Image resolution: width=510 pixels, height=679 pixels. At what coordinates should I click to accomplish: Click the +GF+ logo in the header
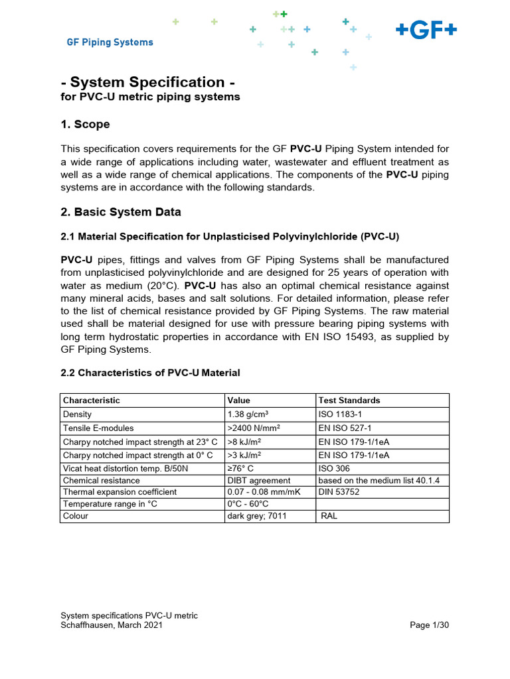(x=426, y=31)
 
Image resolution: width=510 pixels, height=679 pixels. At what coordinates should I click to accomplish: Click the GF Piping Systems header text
(x=110, y=42)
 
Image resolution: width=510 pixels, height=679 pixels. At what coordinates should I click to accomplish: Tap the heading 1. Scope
(x=85, y=125)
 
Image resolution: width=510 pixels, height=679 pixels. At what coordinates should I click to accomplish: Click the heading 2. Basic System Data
(x=121, y=212)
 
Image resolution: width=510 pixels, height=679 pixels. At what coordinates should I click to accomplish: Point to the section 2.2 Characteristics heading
(x=150, y=373)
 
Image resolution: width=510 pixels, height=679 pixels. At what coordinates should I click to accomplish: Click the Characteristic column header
(x=91, y=401)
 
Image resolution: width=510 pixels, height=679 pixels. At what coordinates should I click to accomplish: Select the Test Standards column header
(x=349, y=401)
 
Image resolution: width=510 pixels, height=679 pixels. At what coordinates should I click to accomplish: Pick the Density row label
(x=77, y=414)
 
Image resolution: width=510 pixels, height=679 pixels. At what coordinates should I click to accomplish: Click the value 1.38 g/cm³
(x=248, y=414)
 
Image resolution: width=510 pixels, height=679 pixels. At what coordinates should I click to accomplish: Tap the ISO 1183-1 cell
(x=341, y=414)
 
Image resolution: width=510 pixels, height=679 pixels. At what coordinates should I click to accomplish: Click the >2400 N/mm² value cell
(x=254, y=428)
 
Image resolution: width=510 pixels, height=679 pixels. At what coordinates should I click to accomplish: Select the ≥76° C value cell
(x=240, y=468)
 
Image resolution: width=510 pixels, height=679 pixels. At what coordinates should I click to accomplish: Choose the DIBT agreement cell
(x=259, y=480)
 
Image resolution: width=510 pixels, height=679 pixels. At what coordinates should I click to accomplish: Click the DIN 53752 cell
(x=341, y=492)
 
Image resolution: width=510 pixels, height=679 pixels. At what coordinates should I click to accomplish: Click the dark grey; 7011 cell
(x=257, y=516)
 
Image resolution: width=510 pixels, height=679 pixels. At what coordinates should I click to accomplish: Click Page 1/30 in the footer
(x=430, y=625)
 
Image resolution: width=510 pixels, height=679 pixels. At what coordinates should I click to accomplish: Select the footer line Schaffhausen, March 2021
(x=112, y=625)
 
